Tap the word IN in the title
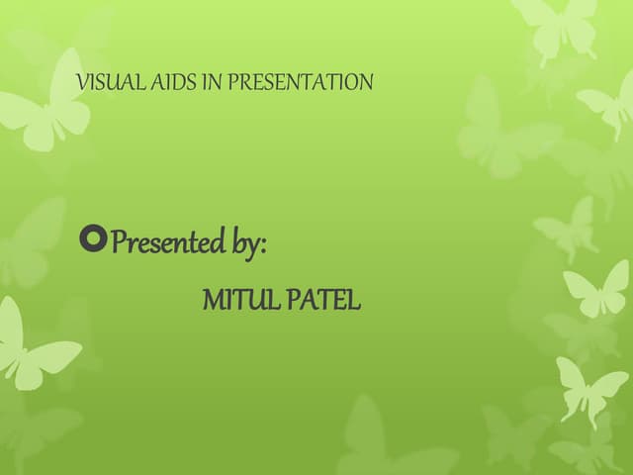pos(213,82)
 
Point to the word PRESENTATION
pos(301,82)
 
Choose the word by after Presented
pos(246,243)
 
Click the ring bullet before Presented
pos(93,239)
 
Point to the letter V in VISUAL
pos(83,82)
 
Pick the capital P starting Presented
pos(120,240)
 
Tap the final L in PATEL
pos(354,300)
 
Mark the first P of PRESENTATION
pos(233,82)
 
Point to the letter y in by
pos(253,247)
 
